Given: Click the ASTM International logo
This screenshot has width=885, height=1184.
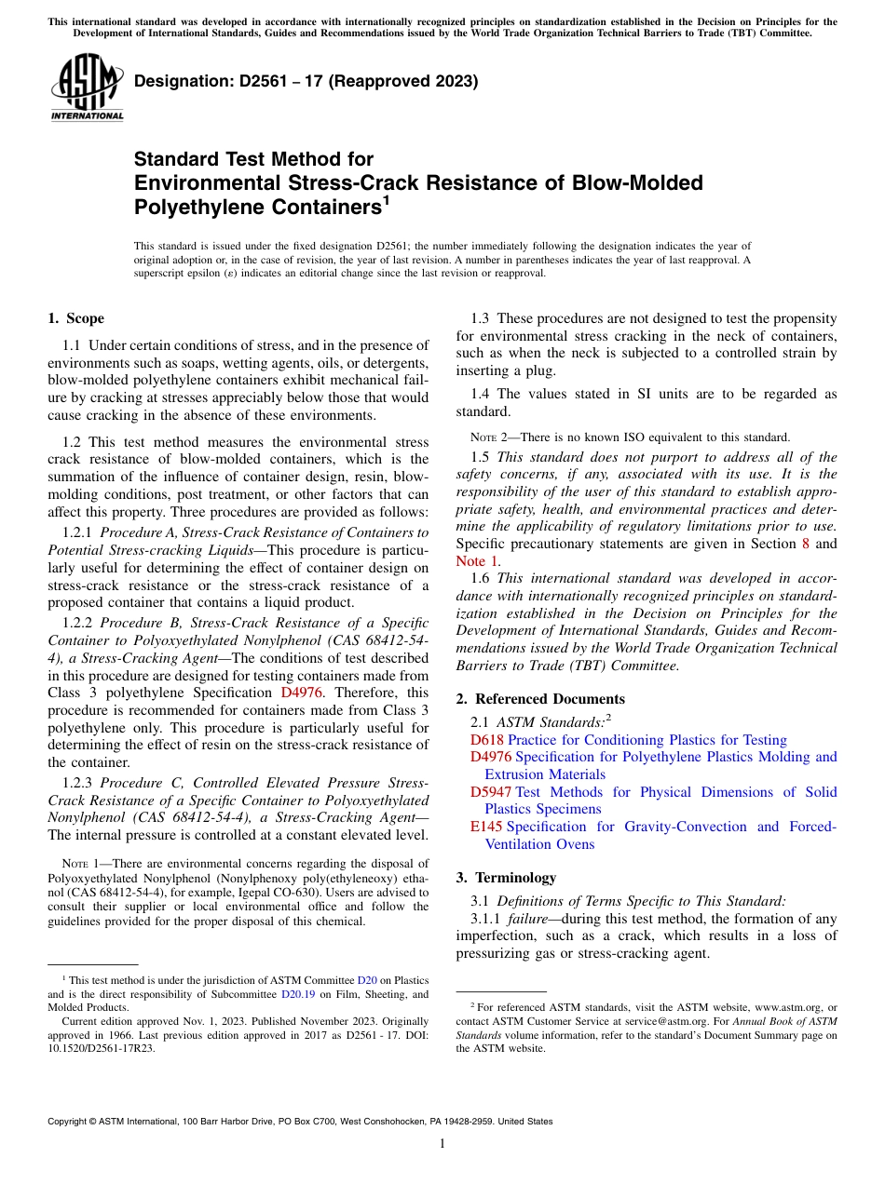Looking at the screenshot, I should (x=87, y=87).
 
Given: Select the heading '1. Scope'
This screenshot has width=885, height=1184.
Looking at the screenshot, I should (x=75, y=318).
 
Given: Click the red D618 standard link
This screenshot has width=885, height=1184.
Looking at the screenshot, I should (x=487, y=740).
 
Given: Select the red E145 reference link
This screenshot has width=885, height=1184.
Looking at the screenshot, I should (x=487, y=827).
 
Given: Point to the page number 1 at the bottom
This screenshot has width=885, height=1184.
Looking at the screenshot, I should (x=442, y=1143).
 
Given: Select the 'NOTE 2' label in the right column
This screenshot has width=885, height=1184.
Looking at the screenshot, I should (x=487, y=437).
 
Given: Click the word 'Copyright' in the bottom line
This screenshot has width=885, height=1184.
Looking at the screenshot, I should (x=69, y=1122).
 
